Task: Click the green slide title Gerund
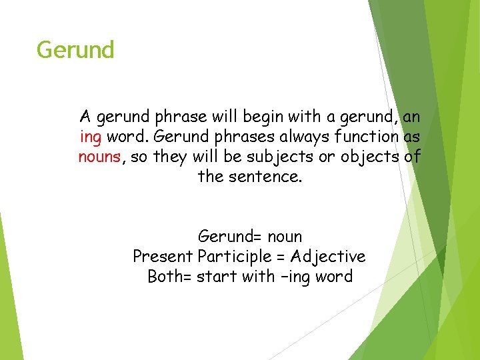(75, 50)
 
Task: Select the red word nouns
(99, 157)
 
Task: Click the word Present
(163, 257)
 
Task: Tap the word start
(219, 276)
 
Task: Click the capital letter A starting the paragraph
(85, 117)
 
